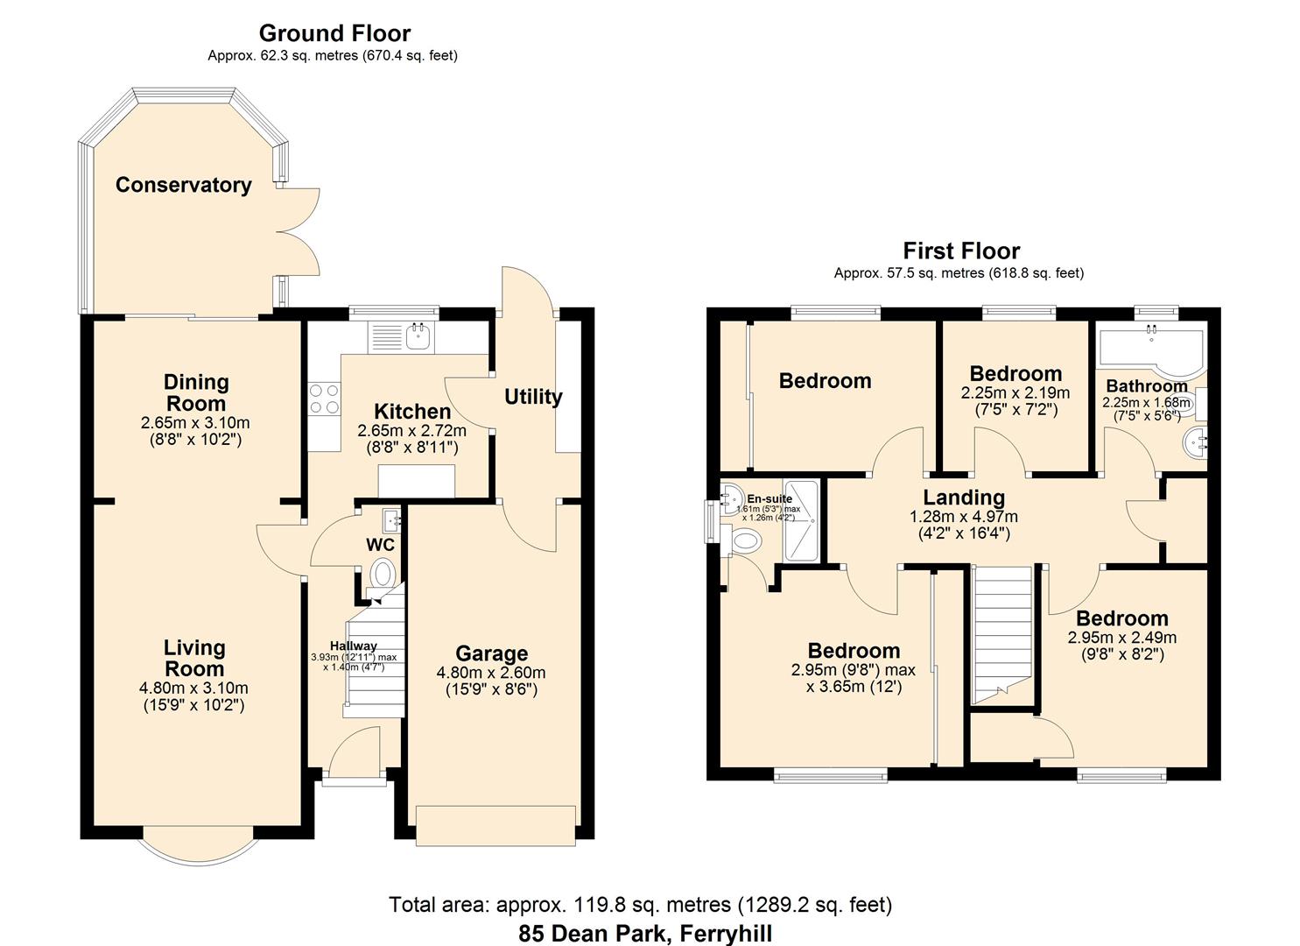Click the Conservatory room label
point(183,185)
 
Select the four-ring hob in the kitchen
point(323,399)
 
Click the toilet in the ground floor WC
point(383,575)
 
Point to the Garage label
point(491,653)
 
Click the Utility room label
point(532,397)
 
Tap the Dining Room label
point(196,392)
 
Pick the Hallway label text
point(354,646)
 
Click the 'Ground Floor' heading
point(334,33)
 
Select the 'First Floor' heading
point(961,251)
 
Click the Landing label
point(963,498)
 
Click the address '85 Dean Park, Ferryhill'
point(645,933)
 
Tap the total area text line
point(640,904)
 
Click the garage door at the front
point(495,826)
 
